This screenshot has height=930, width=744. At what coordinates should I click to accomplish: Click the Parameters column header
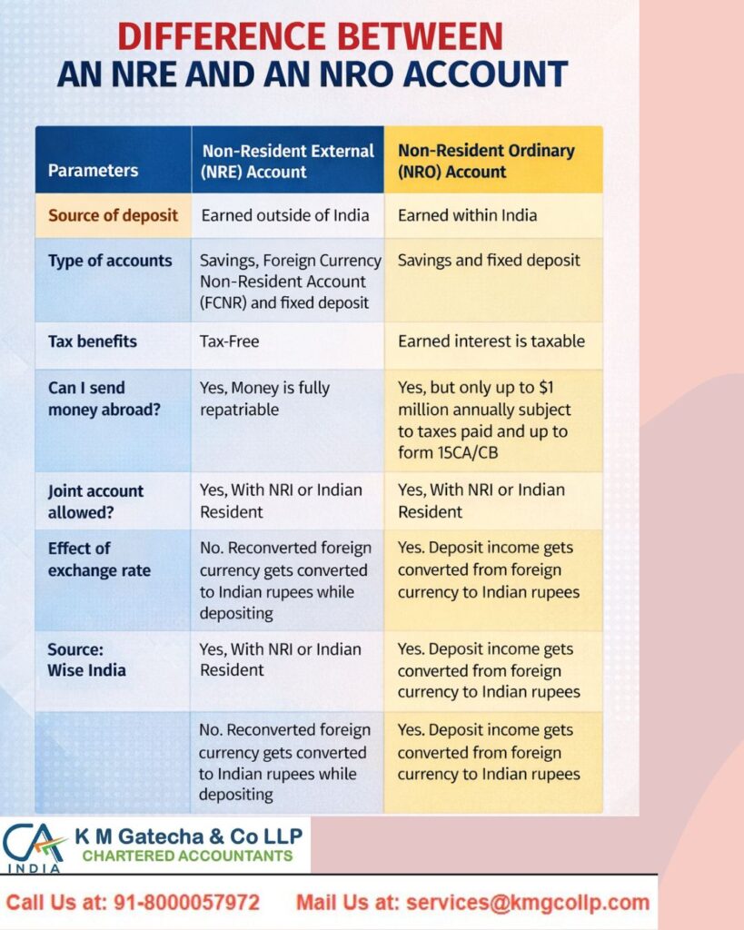(x=93, y=170)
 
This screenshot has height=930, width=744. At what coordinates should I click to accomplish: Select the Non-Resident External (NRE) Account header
(x=287, y=161)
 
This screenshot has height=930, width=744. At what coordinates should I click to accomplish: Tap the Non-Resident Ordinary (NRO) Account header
(x=486, y=161)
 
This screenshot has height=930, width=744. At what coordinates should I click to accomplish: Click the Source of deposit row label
(x=113, y=215)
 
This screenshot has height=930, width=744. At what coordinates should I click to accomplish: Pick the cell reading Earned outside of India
(x=285, y=215)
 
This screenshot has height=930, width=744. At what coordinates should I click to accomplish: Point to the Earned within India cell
(x=467, y=215)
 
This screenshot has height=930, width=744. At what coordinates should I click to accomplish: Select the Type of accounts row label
(x=110, y=261)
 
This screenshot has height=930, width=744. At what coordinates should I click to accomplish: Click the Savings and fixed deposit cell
(x=489, y=261)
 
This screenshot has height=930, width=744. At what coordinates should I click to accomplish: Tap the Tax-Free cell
(x=230, y=341)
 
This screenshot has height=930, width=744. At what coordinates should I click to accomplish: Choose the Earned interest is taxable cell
(x=491, y=341)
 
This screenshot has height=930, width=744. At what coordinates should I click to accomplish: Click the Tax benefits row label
(x=93, y=341)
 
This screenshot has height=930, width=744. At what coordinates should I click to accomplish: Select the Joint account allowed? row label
(x=96, y=501)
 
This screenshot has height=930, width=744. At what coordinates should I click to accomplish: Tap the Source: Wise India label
(x=87, y=659)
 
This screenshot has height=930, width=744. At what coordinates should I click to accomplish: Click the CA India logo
(x=35, y=846)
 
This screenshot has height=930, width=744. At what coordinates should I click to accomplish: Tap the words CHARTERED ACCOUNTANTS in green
(x=187, y=856)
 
